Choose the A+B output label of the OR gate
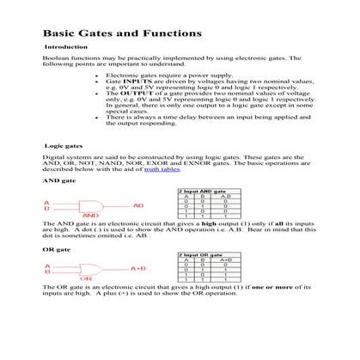(x=137, y=269)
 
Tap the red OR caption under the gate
(x=86, y=280)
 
